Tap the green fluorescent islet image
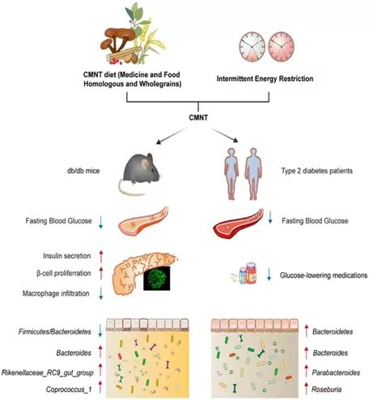click(157, 279)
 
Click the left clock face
click(252, 47)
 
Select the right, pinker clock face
click(281, 47)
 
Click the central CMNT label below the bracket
click(198, 117)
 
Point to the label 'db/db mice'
click(83, 171)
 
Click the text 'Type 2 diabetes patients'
click(317, 171)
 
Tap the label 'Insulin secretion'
click(67, 256)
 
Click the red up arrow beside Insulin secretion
click(101, 257)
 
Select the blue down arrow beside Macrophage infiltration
click(101, 293)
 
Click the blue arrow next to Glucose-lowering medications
click(269, 274)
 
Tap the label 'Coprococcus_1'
click(69, 389)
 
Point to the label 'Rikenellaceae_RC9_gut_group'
click(48, 373)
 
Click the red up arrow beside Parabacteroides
click(306, 372)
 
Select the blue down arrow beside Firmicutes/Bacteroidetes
click(100, 330)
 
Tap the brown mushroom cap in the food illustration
click(120, 34)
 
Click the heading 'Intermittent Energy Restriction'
click(265, 79)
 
